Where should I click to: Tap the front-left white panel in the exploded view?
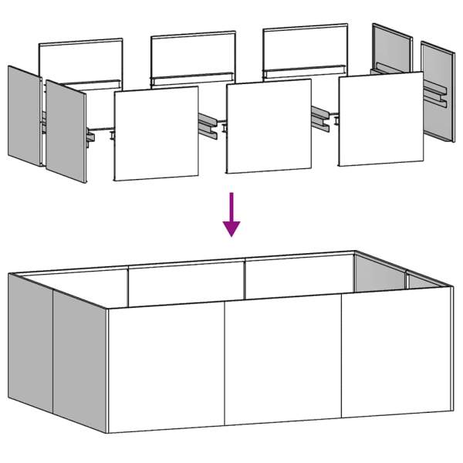pos(156,133)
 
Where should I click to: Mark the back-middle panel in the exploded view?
pos(192,53)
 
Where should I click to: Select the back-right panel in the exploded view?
pos(304,49)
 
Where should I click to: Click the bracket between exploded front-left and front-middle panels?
pos(210,123)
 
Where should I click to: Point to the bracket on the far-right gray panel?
pos(435,92)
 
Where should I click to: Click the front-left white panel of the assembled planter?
pos(166,367)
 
